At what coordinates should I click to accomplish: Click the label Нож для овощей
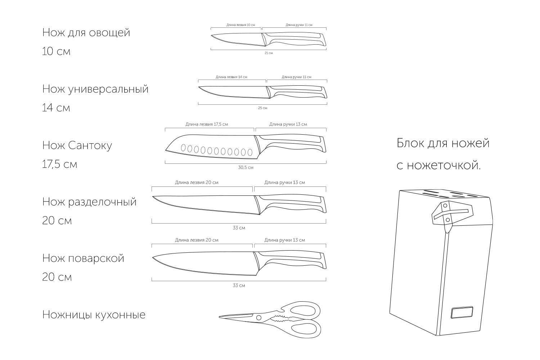86,32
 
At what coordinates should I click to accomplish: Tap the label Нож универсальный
95,89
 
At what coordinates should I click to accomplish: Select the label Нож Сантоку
77,145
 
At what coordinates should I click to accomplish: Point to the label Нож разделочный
89,202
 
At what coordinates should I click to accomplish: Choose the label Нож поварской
83,258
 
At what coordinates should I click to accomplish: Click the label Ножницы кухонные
94,315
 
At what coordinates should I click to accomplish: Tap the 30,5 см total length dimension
246,167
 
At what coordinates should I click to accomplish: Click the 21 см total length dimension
269,53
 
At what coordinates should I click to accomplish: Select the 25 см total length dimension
262,108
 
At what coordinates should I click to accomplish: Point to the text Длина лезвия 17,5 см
207,124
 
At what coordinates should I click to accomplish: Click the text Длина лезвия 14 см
231,77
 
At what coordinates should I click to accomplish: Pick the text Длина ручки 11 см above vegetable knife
299,25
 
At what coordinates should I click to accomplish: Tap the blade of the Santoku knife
216,148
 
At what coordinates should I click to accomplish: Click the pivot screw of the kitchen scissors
258,318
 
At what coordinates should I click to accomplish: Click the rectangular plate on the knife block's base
462,313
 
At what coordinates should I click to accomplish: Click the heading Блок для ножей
443,143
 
